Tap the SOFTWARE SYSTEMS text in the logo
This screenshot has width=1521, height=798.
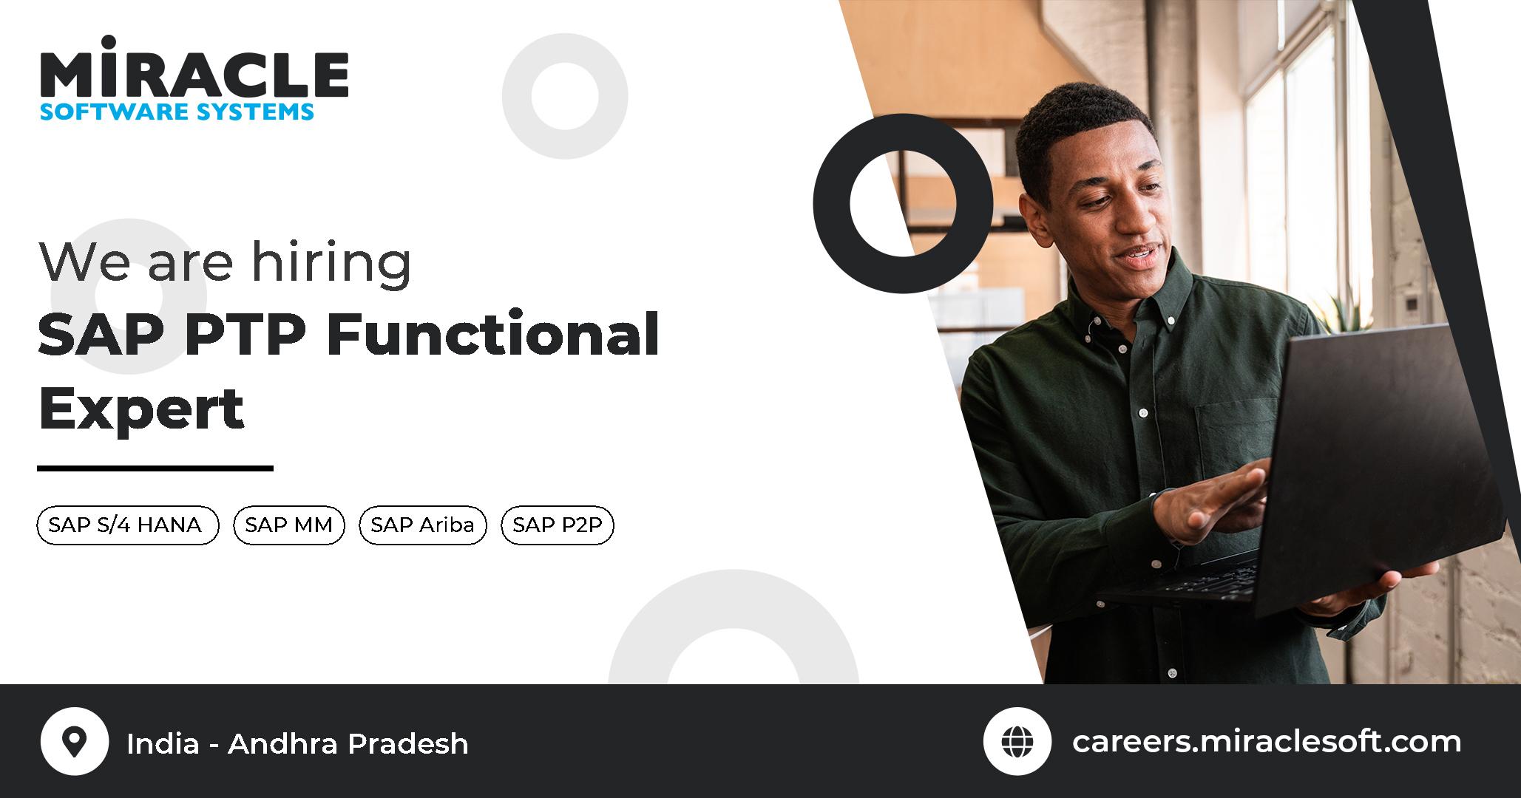pos(177,112)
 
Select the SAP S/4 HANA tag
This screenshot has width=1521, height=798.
pos(127,525)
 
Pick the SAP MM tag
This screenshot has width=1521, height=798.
pos(288,525)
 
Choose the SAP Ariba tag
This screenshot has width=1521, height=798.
pos(422,525)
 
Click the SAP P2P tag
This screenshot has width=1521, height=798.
pos(558,525)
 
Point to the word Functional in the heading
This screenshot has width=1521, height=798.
pos(492,335)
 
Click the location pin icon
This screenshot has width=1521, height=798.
pos(75,741)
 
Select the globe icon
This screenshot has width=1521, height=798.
pos(1017,741)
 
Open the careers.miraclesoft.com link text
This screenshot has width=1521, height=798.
pos(1266,741)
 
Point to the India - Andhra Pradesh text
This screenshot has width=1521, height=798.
pos(297,743)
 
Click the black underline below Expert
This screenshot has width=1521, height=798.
pos(155,468)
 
